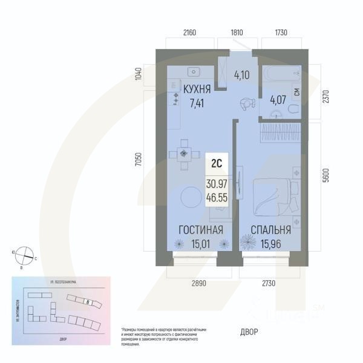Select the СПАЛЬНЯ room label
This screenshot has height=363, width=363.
coord(270,231)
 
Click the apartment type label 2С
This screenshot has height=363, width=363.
coord(216,163)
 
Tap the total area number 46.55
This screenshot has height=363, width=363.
coord(216,197)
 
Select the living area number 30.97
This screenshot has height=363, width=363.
coord(216,184)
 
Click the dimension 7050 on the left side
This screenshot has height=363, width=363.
coord(139,160)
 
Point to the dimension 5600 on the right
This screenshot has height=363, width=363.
coord(326,175)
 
